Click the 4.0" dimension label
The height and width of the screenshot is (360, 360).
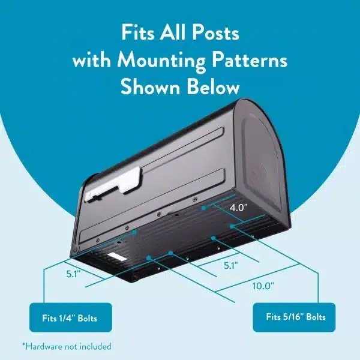coord(239,209)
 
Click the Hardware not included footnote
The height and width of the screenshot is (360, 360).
coord(67,346)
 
